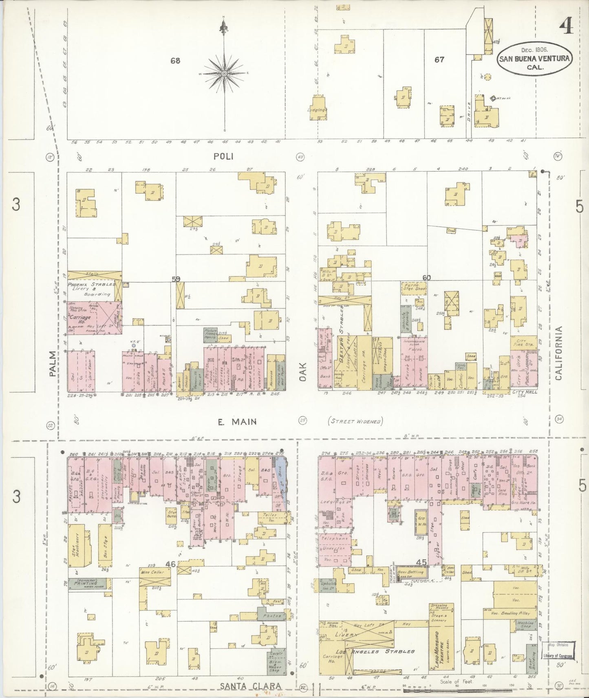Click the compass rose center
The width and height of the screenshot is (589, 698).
(x=224, y=73)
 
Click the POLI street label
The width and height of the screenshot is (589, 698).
(x=224, y=156)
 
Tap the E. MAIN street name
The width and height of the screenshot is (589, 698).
(x=237, y=422)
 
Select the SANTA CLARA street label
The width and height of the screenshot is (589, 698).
(x=251, y=686)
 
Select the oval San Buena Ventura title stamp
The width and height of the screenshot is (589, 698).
(x=534, y=59)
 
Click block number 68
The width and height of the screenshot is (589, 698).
(x=175, y=61)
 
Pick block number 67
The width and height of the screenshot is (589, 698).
(x=439, y=59)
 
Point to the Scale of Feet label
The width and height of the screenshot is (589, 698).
(x=456, y=681)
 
